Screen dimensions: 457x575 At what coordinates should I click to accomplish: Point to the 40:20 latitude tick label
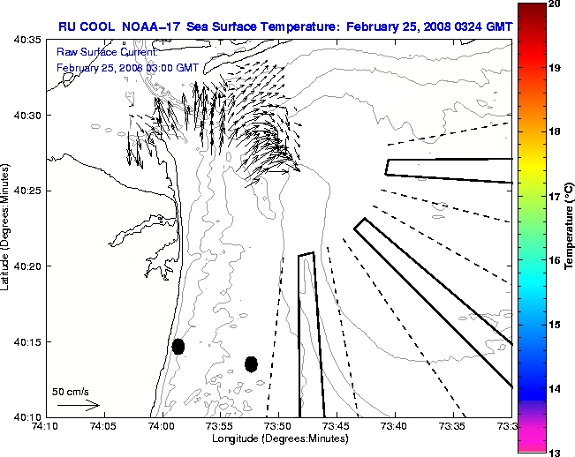point(27,266)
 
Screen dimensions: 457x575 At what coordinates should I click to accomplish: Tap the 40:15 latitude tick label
point(27,341)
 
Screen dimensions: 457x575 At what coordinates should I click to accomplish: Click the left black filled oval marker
point(178,346)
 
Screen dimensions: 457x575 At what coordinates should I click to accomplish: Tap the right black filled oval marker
point(251,363)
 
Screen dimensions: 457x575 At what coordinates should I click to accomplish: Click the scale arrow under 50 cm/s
point(78,406)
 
